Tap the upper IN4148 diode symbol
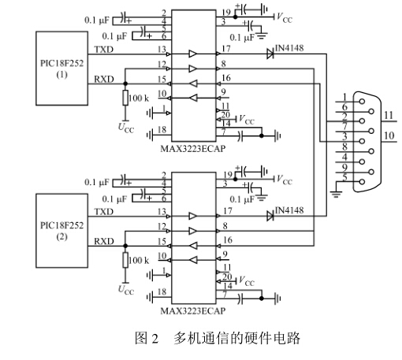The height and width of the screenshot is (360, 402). tap(270, 54)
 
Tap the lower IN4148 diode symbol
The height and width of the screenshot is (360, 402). tap(270, 216)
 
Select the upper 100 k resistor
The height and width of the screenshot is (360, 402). tap(125, 98)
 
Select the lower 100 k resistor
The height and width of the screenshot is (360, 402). tap(125, 260)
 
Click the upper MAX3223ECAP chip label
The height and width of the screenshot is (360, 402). tap(193, 149)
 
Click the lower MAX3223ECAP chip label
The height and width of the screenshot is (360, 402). tap(193, 311)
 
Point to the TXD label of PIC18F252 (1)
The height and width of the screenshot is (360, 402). tap(104, 50)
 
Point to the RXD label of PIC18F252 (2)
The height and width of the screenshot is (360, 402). tap(104, 241)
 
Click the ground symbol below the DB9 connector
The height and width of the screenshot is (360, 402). tap(337, 195)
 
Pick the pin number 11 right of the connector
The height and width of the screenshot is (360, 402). tap(389, 115)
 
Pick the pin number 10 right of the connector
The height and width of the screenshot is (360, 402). tap(389, 135)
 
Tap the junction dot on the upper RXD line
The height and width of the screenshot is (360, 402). tap(125, 84)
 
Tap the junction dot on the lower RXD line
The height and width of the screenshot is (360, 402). tap(125, 246)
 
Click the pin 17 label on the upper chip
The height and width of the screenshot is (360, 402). tap(226, 49)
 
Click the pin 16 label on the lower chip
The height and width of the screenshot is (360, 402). tap(228, 240)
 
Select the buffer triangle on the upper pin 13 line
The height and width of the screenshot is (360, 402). tap(192, 54)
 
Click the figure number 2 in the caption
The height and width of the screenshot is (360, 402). tap(155, 339)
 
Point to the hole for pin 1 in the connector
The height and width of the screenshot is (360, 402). tap(362, 102)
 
